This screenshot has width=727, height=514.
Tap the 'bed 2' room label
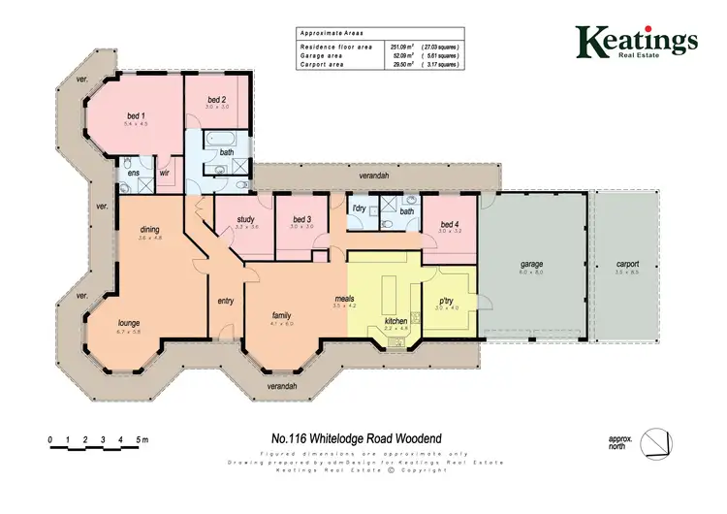pos(216,99)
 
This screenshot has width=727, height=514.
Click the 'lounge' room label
pos(130,322)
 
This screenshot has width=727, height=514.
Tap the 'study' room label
pos(245,219)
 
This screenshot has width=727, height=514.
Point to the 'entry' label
pos(226,300)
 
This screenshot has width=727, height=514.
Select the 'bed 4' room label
pos(447,223)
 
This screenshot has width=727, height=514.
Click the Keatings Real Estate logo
pos(636,42)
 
